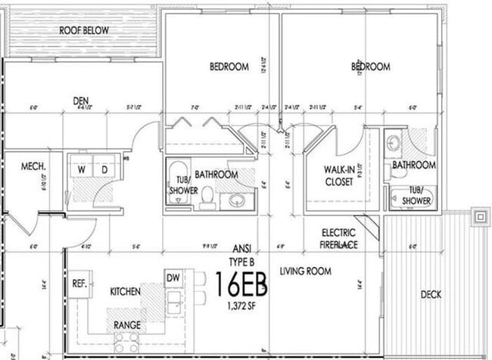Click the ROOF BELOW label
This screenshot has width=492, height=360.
84,29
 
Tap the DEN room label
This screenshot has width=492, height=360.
82,100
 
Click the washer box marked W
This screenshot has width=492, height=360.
81,170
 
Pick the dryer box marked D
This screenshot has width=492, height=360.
105,170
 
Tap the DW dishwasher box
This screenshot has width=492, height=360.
173,278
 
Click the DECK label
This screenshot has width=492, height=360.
431,294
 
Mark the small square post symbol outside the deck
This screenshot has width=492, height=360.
478,217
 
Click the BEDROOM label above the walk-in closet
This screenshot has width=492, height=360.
370,67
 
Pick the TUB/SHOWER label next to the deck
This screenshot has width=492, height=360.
415,196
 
